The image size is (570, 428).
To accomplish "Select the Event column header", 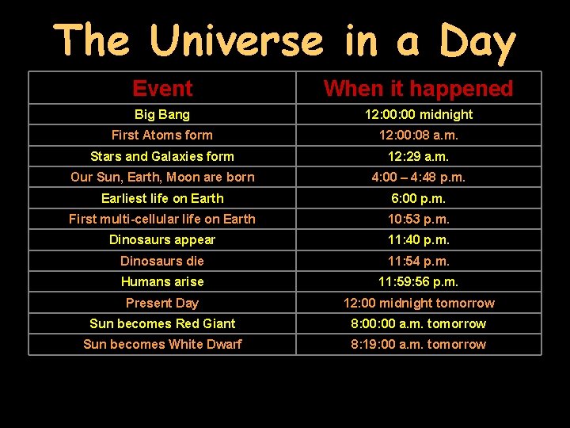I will click(162, 89).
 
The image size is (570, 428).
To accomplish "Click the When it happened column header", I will click(418, 89).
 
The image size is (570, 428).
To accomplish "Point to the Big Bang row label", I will click(162, 114).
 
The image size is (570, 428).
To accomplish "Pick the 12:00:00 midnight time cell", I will click(418, 114).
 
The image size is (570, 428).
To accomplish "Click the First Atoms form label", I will click(162, 135).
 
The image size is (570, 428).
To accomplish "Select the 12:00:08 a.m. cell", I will click(418, 135).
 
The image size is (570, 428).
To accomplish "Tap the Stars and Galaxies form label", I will click(162, 156).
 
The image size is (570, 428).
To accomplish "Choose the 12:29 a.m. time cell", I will click(418, 156).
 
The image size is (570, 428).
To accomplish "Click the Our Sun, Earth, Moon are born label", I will click(162, 177).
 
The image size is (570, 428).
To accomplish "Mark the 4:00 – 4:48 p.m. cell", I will click(418, 177).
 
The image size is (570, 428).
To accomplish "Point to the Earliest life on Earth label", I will click(162, 198).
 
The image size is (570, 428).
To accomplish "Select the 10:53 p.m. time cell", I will click(418, 219).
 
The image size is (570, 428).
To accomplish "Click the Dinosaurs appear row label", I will click(162, 239).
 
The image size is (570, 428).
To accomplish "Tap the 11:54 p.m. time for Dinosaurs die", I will click(418, 261).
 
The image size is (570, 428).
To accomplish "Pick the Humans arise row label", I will click(162, 281).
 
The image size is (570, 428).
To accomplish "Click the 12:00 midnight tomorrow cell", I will click(418, 303).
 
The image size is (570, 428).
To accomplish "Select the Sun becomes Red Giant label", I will click(162, 323).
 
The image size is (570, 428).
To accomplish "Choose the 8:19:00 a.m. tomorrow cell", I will click(418, 344).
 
